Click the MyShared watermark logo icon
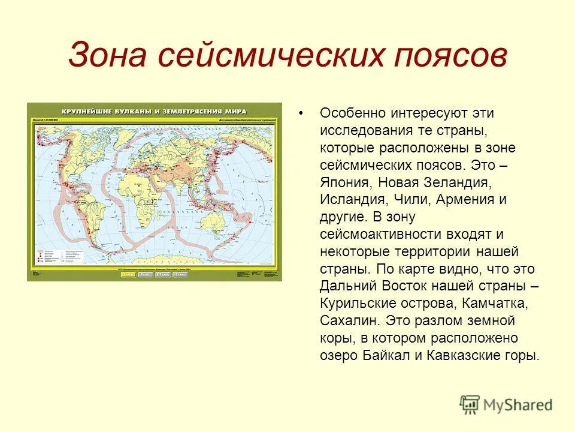click(x=470, y=405)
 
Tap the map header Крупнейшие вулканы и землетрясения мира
click(x=155, y=111)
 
